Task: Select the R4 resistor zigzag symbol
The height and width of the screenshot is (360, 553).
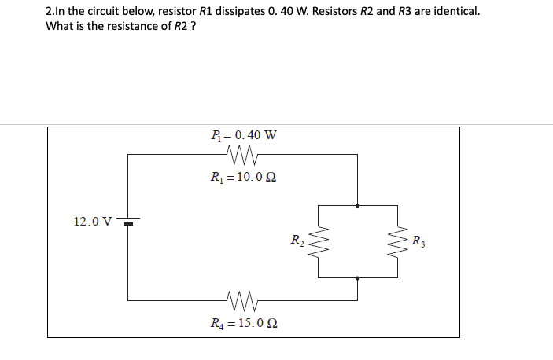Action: coord(241,299)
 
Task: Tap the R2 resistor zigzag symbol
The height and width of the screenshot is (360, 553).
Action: coord(319,241)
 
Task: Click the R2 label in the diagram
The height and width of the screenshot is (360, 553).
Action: coord(297,240)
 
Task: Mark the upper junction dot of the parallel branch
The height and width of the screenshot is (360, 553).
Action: coord(358,205)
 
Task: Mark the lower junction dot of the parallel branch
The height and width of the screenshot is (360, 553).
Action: coord(358,277)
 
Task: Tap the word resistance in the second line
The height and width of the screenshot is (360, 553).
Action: coord(124,27)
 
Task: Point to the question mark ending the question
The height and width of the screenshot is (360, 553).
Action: coord(192,27)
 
